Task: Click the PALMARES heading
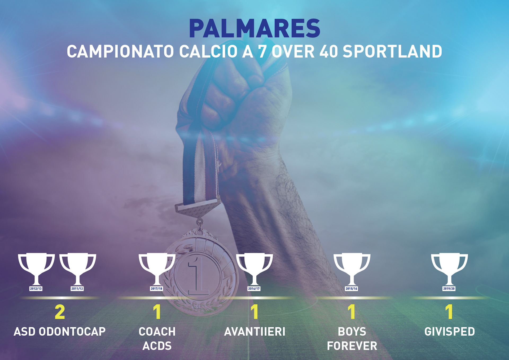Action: (x=254, y=29)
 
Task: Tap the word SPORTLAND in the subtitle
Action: (x=392, y=51)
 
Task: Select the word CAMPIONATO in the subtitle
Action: (x=120, y=51)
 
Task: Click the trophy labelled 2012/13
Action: (x=36, y=269)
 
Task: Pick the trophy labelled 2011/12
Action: (x=78, y=269)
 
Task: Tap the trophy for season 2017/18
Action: (x=157, y=269)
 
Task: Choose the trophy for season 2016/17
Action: (x=254, y=269)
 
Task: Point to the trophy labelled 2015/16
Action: (x=352, y=269)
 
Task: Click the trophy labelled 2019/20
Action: (x=449, y=269)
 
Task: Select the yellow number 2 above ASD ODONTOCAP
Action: (x=60, y=312)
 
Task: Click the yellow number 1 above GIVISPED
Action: (x=449, y=312)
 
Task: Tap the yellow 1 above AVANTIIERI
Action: (x=254, y=312)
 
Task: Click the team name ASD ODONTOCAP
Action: (x=60, y=332)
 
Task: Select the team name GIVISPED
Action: (x=450, y=332)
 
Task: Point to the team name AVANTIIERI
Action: (x=255, y=332)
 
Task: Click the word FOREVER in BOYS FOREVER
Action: (x=352, y=346)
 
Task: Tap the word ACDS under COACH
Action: (x=157, y=346)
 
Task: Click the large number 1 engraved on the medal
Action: (x=198, y=276)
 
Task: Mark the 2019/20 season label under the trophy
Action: (x=449, y=288)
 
